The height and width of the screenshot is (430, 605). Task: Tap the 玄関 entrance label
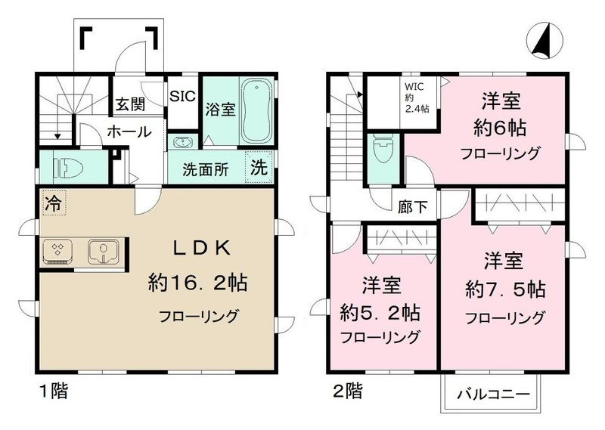click(x=130, y=104)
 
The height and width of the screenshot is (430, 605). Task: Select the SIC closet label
click(x=183, y=96)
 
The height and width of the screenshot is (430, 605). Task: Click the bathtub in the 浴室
click(x=258, y=111)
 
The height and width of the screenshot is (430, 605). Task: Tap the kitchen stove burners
click(x=57, y=250)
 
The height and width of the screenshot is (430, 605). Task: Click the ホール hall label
click(x=128, y=132)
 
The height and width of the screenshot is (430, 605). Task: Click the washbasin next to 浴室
click(x=182, y=141)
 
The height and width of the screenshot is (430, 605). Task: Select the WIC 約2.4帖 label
click(x=416, y=96)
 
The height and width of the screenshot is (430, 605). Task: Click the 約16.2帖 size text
click(x=198, y=283)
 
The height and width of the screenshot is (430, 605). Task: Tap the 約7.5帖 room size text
click(x=504, y=289)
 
